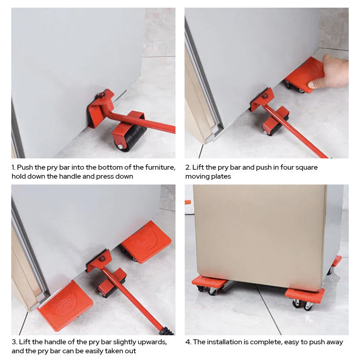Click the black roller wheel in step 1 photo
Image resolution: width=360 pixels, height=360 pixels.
[134, 138]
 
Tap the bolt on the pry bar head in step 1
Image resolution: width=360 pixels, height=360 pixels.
[101, 95]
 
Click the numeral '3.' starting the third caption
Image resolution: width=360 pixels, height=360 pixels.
[14, 342]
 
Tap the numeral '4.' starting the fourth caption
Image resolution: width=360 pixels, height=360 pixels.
[188, 342]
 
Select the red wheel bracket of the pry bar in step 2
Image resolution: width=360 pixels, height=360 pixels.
[275, 119]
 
